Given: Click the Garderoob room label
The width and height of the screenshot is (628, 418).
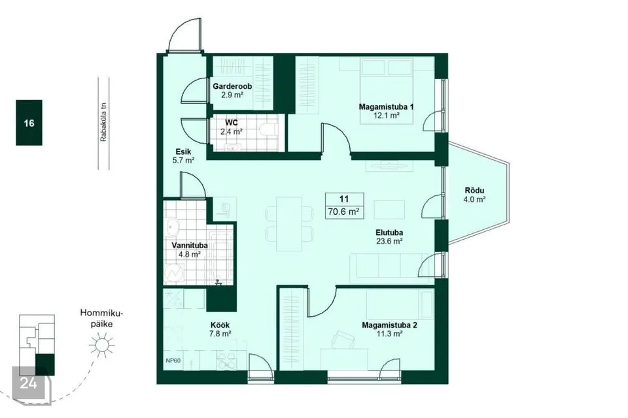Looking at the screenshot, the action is tap(232, 86).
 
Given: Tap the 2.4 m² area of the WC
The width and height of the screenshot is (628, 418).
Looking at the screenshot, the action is tap(231, 131).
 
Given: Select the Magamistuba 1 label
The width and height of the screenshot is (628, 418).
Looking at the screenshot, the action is tap(386, 107).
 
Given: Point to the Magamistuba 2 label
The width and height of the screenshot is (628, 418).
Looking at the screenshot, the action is tap(389, 325).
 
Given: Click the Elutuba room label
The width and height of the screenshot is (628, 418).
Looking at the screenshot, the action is tap(389, 233).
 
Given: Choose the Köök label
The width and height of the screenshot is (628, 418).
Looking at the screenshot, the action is tap(220, 325).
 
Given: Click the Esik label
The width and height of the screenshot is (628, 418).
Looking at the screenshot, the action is tap(183, 152).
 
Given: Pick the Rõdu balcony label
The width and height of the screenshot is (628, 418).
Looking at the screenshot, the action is tap(474, 191).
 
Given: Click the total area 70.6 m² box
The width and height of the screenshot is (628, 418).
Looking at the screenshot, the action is tap(345, 206).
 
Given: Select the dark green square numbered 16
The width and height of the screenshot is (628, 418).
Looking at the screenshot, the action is tap(29, 122).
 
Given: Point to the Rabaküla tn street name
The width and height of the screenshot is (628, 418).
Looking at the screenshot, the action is tap(104, 123).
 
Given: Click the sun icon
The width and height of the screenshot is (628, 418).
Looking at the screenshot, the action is tap(102, 345).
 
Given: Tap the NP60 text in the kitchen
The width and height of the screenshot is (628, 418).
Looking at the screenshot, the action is tap(173, 361).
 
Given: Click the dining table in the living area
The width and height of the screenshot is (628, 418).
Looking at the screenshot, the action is tap(289, 223).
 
